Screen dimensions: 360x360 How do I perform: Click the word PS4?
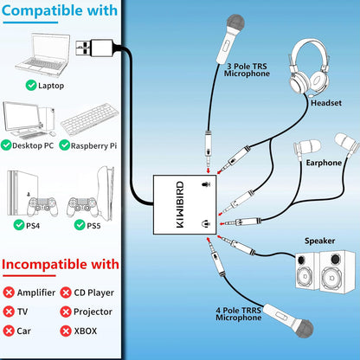46,226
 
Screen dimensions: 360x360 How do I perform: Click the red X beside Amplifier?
10,293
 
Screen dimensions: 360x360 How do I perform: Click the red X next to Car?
10,331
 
